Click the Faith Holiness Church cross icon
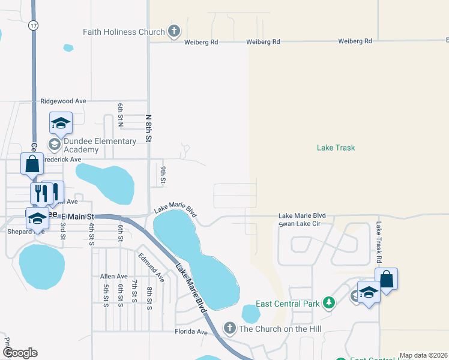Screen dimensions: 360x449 coord(174,31)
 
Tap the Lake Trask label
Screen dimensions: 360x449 coord(336,148)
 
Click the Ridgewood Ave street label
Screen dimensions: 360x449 coord(63,101)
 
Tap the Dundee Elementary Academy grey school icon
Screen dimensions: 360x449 coord(54,144)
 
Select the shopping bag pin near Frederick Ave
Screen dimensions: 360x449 coord(32,163)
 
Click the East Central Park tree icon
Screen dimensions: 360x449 coord(328,304)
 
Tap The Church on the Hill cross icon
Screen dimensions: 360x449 coord(229,328)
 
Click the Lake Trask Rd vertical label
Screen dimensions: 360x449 coord(379,244)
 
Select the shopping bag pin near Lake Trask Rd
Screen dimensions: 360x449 coord(387,279)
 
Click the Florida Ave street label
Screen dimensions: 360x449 coord(190,331)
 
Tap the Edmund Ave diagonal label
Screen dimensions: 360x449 coord(151,268)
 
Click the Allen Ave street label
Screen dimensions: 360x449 coord(114,277)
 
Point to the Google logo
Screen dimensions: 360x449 coord(20,353)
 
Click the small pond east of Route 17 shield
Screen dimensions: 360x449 coord(68,47)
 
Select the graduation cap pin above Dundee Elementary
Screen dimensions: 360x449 coord(61,123)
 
